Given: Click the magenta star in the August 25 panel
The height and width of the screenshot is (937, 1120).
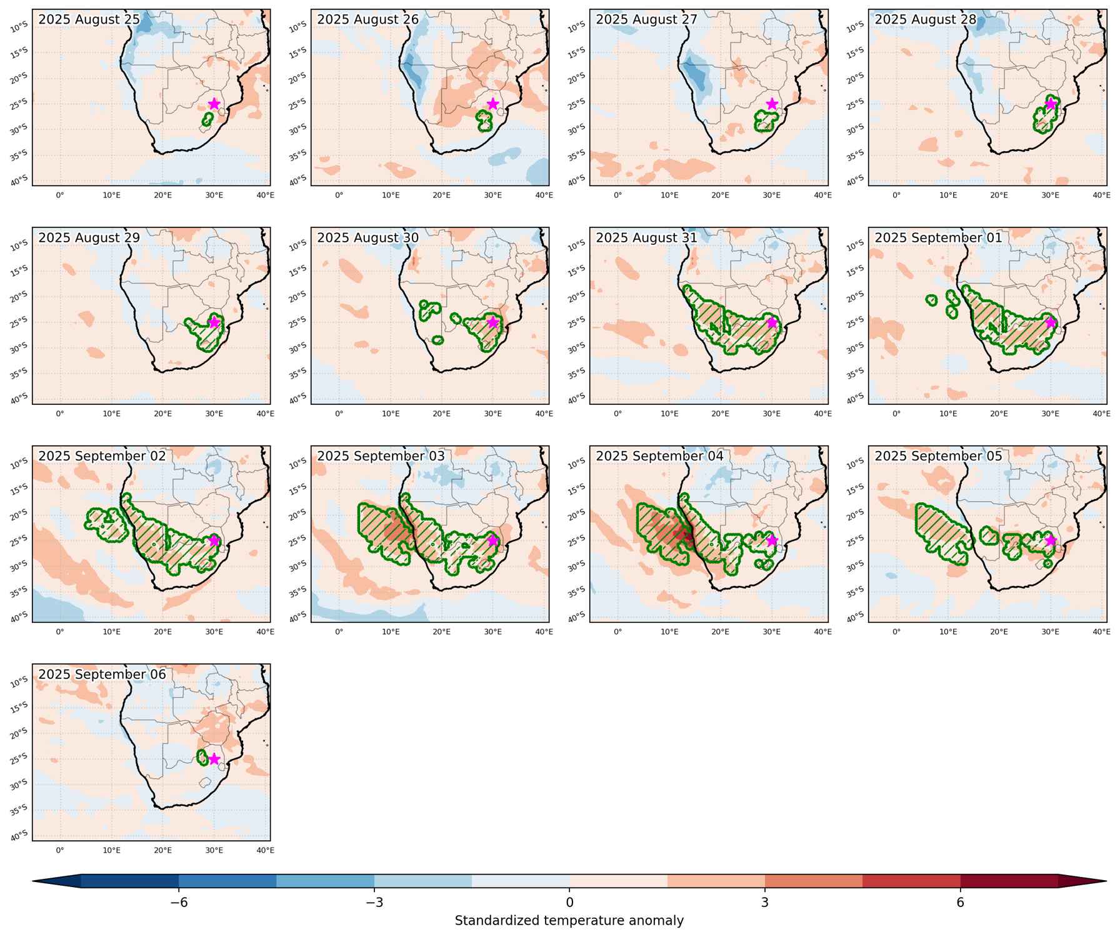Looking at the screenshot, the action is tap(214, 104).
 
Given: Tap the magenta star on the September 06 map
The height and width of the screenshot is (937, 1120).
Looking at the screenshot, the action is tap(214, 759).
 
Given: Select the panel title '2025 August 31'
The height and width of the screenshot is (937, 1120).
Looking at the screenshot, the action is tap(646, 238).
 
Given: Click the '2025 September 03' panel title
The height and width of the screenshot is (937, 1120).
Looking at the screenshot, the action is tap(381, 456).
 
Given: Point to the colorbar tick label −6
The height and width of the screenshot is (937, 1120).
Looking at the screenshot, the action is tap(179, 903).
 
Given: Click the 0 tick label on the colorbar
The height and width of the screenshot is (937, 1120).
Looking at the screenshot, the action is tap(569, 903).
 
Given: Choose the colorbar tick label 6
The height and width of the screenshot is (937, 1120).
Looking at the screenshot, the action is tap(960, 903).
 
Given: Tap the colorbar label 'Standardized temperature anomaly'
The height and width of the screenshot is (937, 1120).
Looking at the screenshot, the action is tap(569, 921).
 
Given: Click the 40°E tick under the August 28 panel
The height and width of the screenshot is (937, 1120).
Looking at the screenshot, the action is tap(1101, 196).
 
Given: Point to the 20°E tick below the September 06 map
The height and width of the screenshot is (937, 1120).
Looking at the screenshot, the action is tap(163, 850).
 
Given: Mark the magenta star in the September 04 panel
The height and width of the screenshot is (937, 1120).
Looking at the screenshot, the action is tap(772, 540).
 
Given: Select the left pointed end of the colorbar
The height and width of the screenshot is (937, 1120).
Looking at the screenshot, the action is tap(33, 881).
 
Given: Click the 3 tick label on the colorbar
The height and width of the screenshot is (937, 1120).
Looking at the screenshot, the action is tap(765, 903).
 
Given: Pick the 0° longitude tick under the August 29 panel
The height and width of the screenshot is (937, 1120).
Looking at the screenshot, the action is tap(60, 414).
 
